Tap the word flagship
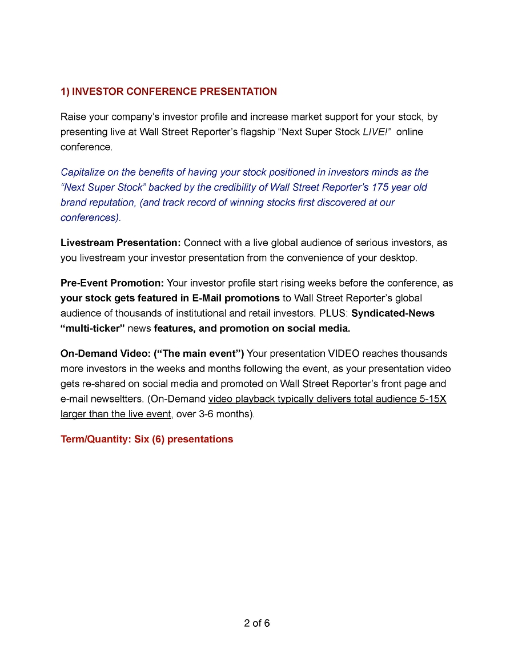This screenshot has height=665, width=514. (x=254, y=132)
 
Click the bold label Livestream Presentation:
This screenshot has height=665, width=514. (x=121, y=243)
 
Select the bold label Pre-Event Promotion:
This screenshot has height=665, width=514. (x=112, y=283)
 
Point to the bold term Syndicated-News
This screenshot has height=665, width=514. (x=393, y=313)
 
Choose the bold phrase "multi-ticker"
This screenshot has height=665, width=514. (x=93, y=328)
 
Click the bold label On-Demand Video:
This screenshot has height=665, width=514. (x=106, y=353)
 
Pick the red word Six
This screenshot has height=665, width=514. (x=142, y=439)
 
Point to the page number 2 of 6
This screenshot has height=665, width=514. (x=257, y=623)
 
